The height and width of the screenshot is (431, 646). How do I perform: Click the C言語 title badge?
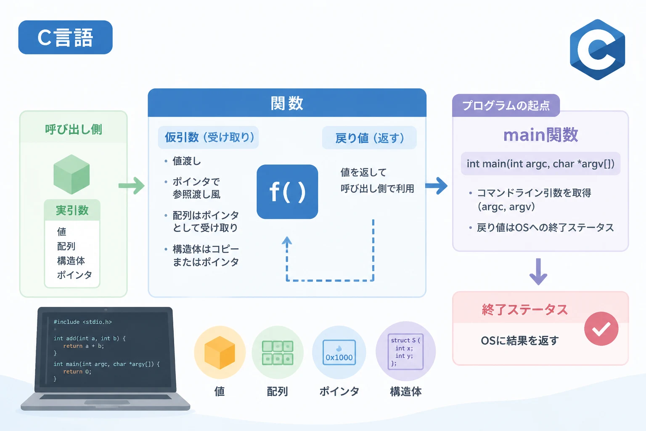[66, 37]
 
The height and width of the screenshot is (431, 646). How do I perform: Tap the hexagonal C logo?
[597, 50]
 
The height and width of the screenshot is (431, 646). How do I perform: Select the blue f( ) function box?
[287, 192]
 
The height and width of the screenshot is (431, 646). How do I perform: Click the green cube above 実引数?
[71, 174]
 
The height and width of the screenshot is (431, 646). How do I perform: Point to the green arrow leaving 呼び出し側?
[132, 186]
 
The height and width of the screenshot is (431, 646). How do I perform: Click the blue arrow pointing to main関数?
[436, 186]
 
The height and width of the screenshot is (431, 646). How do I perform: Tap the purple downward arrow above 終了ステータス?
[538, 271]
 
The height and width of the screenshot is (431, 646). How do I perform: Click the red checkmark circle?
[601, 329]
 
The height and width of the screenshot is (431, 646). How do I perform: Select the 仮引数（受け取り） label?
[209, 137]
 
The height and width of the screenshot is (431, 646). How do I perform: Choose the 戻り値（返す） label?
[369, 138]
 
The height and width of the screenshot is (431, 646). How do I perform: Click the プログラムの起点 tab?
[506, 105]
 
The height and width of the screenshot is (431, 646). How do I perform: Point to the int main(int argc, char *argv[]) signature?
[540, 164]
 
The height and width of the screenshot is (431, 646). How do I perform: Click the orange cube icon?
[220, 352]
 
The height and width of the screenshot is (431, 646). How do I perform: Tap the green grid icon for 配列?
[278, 352]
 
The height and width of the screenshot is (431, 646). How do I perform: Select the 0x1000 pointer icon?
[339, 352]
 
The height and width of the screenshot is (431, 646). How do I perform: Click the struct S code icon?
[405, 351]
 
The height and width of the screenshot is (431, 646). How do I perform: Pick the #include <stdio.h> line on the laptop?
[83, 322]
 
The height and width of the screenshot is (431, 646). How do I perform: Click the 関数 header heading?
[287, 104]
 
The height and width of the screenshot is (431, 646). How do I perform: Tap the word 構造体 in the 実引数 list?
[71, 261]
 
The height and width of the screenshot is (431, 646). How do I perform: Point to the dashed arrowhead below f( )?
[287, 241]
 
